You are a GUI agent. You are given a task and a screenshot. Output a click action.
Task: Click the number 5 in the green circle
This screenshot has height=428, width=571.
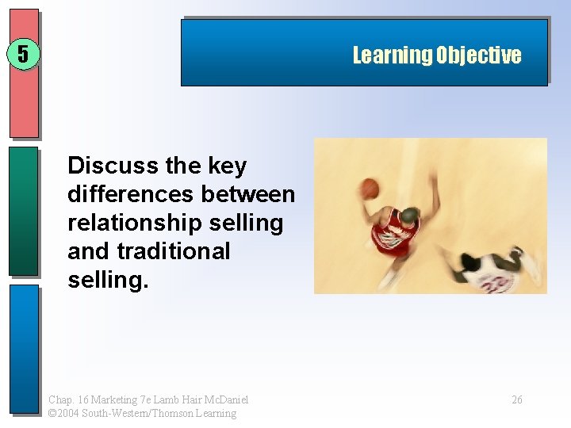pyautogui.click(x=23, y=55)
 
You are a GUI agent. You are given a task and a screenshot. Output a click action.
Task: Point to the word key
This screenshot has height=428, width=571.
pyautogui.click(x=227, y=166)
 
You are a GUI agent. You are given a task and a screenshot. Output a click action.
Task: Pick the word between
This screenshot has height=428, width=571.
pyautogui.click(x=248, y=194)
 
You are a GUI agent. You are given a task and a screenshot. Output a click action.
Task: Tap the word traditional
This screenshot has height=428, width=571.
pyautogui.click(x=173, y=251)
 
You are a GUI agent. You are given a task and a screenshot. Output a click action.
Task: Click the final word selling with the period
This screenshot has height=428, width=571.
pyautogui.click(x=108, y=280)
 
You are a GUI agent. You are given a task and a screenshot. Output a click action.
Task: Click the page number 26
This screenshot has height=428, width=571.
pyautogui.click(x=516, y=400)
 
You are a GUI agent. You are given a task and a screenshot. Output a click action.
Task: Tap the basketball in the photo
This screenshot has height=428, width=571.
pyautogui.click(x=370, y=188)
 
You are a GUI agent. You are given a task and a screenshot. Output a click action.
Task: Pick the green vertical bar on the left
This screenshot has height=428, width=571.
pyautogui.click(x=23, y=210)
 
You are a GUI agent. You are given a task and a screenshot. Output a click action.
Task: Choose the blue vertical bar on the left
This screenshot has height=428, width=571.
pyautogui.click(x=23, y=349)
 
